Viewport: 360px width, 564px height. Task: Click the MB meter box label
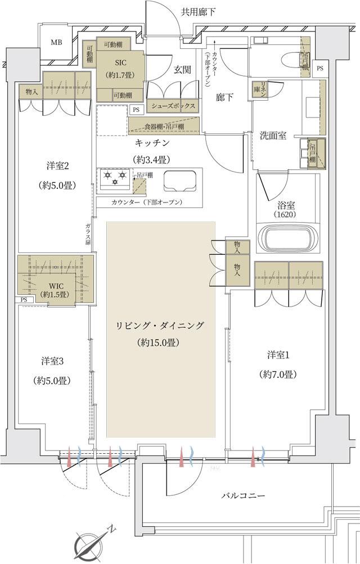click(57, 42)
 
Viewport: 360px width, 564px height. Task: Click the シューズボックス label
click(173, 106)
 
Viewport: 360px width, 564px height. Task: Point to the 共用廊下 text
click(199, 11)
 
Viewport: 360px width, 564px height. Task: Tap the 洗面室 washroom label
click(273, 136)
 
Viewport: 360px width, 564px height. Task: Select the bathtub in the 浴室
click(287, 239)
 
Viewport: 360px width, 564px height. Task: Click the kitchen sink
click(180, 182)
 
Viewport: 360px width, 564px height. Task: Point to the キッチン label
click(152, 143)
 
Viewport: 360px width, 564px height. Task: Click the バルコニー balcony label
click(242, 495)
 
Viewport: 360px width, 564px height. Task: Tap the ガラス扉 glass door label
click(88, 234)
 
